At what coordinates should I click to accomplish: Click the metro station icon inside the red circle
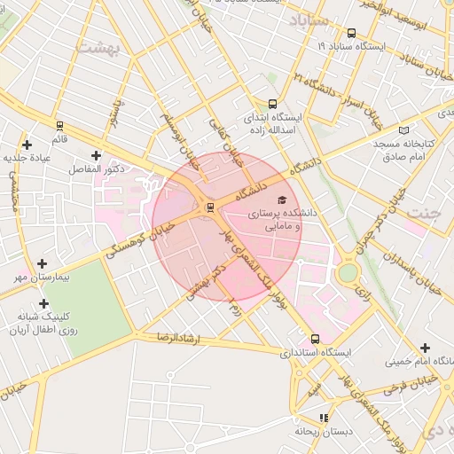click(x=210, y=207)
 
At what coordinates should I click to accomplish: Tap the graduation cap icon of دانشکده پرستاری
click(x=281, y=200)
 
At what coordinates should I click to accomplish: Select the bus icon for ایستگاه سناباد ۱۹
click(x=352, y=34)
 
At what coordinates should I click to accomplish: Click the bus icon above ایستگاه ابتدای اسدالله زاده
click(x=272, y=104)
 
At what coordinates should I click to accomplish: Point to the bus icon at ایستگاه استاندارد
click(x=316, y=339)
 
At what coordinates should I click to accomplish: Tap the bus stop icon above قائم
click(x=59, y=125)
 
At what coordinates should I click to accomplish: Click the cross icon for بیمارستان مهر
click(x=43, y=263)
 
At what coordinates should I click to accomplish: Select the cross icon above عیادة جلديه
click(x=27, y=145)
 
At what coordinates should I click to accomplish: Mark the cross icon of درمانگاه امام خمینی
click(x=426, y=348)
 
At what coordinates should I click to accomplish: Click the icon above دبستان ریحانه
click(x=325, y=417)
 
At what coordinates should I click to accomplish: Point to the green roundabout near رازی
click(x=348, y=272)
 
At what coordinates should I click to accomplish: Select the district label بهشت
click(x=98, y=48)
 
